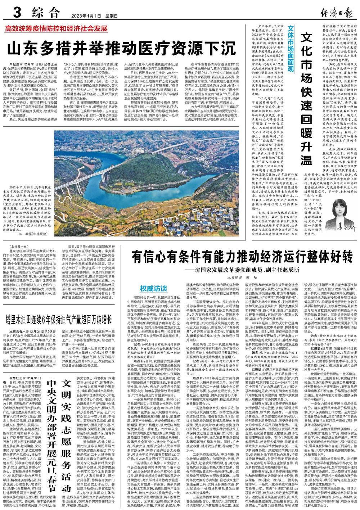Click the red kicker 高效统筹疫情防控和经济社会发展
point(56,28)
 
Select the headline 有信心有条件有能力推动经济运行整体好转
point(241,257)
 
